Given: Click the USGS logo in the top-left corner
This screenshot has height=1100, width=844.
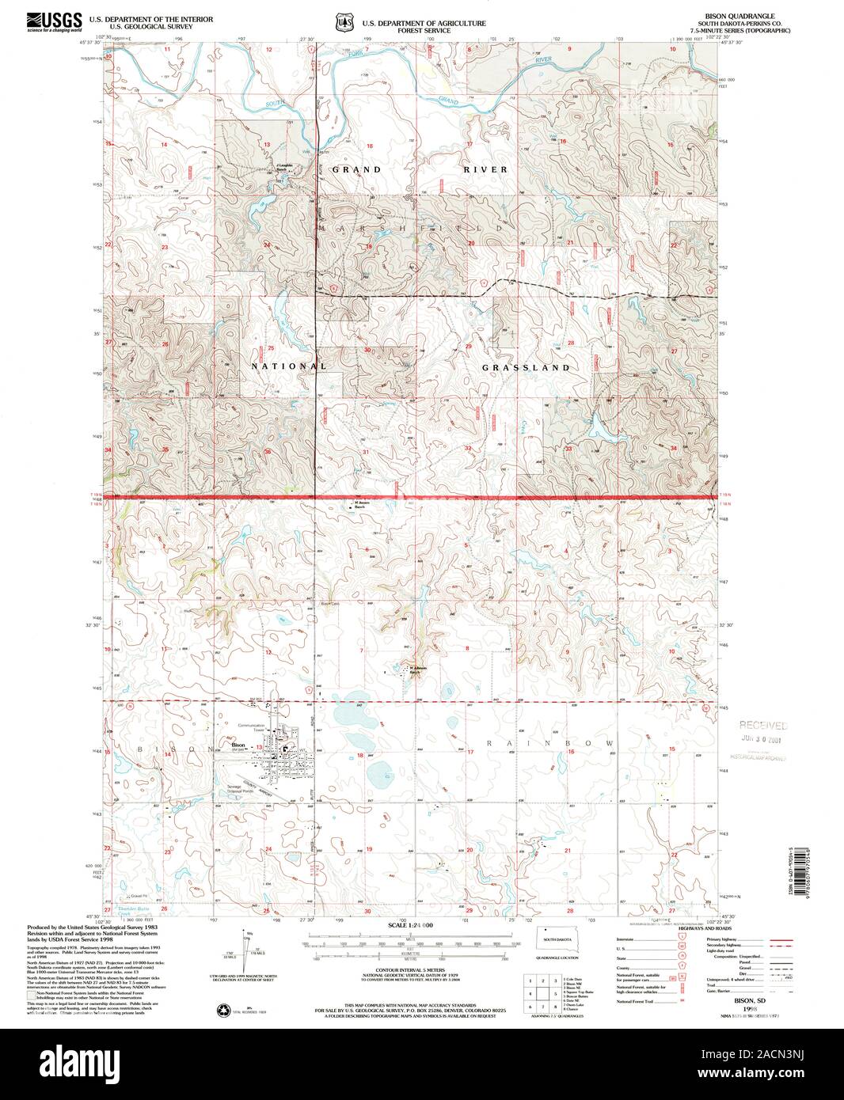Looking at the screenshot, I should tap(54, 21).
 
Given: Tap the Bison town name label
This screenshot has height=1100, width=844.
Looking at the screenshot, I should tap(238, 745).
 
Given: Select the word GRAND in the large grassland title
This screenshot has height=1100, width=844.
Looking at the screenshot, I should tap(356, 169).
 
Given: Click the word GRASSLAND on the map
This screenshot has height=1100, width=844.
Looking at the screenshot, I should tap(527, 368).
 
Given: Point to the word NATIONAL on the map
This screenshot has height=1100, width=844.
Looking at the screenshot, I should tap(289, 366).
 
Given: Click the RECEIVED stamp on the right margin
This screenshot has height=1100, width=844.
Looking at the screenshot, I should tap(763, 725).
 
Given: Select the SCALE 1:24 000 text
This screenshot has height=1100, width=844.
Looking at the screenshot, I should tap(411, 925).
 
